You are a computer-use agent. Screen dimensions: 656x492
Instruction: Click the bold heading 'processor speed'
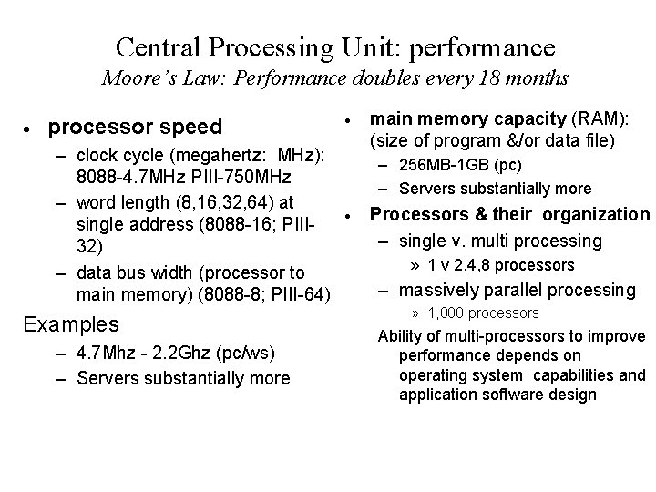coord(135,127)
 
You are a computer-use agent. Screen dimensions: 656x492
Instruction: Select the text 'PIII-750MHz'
coord(223,176)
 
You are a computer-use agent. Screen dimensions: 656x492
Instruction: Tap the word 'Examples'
coord(71,323)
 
